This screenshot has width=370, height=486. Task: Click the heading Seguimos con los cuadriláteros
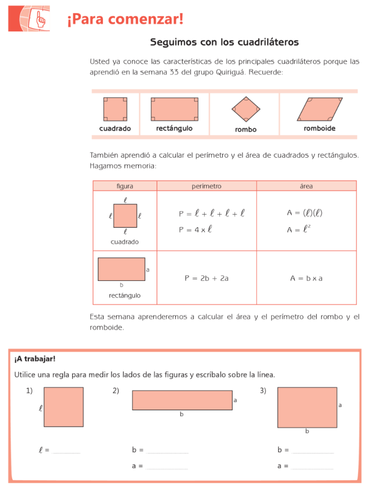pos(224,42)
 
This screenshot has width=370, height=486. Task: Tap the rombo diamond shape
pos(245,109)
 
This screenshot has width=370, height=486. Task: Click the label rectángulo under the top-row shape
pos(174,129)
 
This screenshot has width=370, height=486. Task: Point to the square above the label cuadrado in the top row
pos(115,109)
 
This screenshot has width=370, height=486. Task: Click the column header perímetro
pos(206,186)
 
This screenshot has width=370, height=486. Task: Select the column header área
pos(306,186)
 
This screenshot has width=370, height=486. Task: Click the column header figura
pos(125,186)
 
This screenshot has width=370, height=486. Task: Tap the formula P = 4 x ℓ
pos(195,230)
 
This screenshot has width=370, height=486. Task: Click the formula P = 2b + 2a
pos(207,279)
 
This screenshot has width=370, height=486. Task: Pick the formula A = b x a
pos(306,279)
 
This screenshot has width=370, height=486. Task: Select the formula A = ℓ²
pos(299,230)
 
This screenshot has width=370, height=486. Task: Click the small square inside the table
pos(125,216)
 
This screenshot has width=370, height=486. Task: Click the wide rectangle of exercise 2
pos(182,400)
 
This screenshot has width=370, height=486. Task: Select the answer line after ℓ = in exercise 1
pos(66,451)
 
